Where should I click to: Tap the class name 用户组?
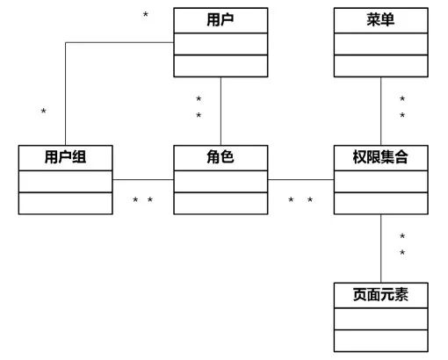point(66,157)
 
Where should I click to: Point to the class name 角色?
point(220,157)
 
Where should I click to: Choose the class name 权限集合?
point(381,157)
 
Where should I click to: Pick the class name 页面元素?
point(381,294)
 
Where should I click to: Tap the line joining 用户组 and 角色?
point(143,179)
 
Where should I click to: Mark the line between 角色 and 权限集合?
point(301,179)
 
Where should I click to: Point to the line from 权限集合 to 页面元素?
point(381,255)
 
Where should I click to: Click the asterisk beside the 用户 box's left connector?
point(145,16)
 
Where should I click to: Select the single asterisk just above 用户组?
point(43,112)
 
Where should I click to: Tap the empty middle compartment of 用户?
point(220,43)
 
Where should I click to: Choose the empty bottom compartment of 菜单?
point(381,66)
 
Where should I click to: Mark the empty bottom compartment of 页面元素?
point(381,340)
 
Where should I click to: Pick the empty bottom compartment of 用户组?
point(66,203)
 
